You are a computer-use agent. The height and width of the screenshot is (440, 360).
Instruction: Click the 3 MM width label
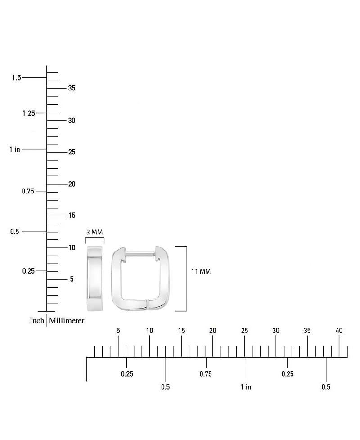pyautogui.click(x=94, y=232)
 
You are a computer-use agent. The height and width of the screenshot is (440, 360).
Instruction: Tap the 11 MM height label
pyautogui.click(x=201, y=271)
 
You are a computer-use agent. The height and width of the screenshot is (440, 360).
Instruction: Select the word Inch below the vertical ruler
pyautogui.click(x=37, y=320)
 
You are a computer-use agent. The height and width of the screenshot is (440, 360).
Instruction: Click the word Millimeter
pyautogui.click(x=67, y=320)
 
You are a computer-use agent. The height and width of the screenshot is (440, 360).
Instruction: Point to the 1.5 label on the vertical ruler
pyautogui.click(x=16, y=77)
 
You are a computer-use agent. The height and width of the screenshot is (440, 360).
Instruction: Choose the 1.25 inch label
pyautogui.click(x=29, y=113)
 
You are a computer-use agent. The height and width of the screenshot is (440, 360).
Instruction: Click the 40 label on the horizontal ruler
pyautogui.click(x=339, y=331)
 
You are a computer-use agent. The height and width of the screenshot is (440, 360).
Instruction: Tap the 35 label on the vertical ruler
pyautogui.click(x=72, y=88)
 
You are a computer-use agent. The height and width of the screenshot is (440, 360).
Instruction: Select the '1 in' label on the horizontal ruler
pyautogui.click(x=246, y=387)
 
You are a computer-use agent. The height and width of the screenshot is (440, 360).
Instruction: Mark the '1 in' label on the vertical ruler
pyautogui.click(x=15, y=149)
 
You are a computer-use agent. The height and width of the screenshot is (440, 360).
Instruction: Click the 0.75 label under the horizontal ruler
pyautogui.click(x=206, y=374)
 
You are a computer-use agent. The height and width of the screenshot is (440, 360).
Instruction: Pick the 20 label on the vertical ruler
pyautogui.click(x=72, y=184)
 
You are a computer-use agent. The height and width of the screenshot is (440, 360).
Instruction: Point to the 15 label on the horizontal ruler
pyautogui.click(x=181, y=331)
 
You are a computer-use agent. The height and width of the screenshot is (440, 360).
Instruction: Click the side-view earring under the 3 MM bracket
pyautogui.click(x=94, y=278)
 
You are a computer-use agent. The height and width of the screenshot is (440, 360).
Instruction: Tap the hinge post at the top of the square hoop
pyautogui.click(x=140, y=254)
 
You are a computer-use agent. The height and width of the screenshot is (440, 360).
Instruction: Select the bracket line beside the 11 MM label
pyautogui.click(x=186, y=278)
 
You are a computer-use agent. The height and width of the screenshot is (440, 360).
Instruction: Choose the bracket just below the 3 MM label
pyautogui.click(x=95, y=238)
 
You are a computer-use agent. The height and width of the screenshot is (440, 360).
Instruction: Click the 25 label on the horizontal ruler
pyautogui.click(x=244, y=331)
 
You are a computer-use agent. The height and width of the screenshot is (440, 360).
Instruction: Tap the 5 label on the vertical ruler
pyautogui.click(x=72, y=279)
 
